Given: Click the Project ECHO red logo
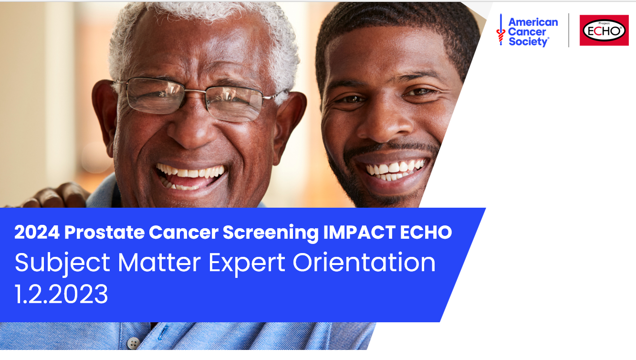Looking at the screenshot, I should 604,30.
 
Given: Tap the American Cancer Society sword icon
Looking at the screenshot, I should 500,30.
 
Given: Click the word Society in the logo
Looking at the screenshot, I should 528,42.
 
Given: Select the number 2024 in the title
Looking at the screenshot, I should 37,233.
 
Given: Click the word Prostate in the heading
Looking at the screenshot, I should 104,233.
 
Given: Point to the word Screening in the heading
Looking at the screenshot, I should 270,233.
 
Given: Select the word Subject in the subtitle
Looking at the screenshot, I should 63,263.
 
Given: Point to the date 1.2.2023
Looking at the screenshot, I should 62,295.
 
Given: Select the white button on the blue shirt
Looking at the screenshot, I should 134,342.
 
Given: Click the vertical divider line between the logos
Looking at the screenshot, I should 569,30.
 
